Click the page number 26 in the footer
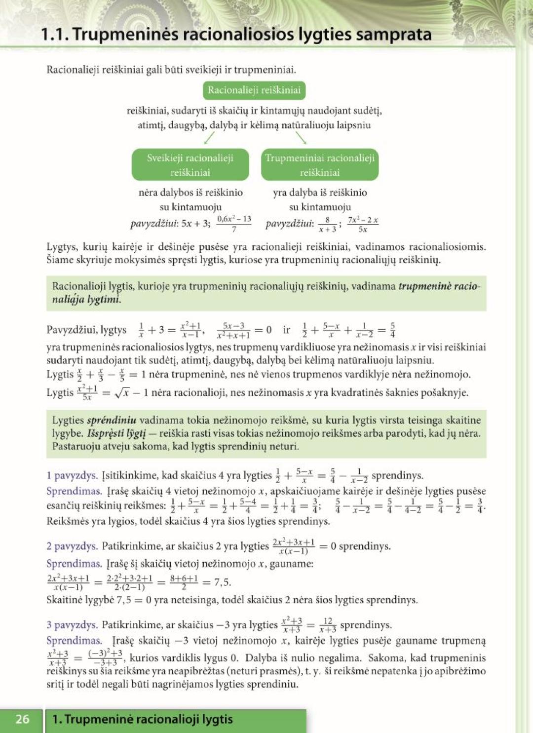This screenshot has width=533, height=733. [x=22, y=719]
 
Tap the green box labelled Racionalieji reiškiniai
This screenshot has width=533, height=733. [x=254, y=90]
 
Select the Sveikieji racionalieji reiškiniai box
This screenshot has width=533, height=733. [x=190, y=165]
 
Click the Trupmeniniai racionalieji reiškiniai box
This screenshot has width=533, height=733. [x=320, y=165]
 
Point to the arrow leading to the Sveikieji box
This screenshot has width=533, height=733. [x=209, y=138]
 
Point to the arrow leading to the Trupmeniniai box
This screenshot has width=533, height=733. [x=301, y=138]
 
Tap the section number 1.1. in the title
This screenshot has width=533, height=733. [x=55, y=34]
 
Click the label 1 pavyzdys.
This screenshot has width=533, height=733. [x=72, y=475]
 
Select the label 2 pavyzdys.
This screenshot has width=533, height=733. [x=72, y=546]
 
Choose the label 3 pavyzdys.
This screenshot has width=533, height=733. [x=72, y=625]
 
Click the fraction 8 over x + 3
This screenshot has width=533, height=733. [x=327, y=224]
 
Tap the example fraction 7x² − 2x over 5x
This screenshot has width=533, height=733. [x=363, y=224]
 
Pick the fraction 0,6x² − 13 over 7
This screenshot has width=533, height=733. [x=234, y=224]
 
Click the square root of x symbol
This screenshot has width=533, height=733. [x=121, y=393]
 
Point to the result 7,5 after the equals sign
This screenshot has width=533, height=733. [x=223, y=582]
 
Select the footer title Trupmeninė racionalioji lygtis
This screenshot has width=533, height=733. [x=143, y=719]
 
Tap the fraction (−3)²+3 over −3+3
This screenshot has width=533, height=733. [x=105, y=658]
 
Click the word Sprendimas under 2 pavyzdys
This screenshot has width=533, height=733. [x=74, y=564]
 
